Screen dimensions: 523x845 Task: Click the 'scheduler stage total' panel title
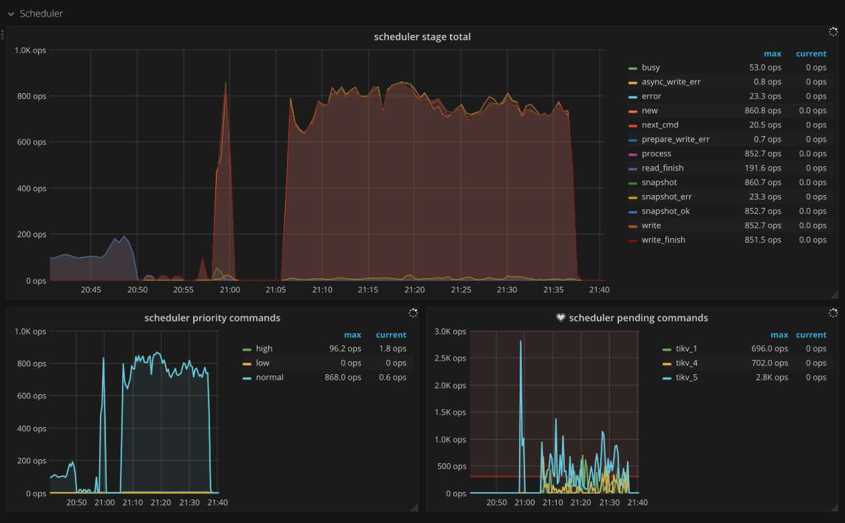(422, 37)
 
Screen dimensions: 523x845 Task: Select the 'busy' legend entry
(651, 68)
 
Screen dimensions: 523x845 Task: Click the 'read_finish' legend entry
(663, 168)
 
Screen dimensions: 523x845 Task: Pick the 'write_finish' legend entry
(663, 240)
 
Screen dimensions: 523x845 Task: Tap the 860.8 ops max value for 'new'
(765, 111)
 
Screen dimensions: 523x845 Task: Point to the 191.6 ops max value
(765, 168)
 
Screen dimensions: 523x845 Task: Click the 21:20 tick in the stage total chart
(414, 290)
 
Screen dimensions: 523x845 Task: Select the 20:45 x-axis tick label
(91, 290)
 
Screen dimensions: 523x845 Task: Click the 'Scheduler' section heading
(42, 13)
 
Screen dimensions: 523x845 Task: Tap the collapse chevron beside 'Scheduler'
(11, 14)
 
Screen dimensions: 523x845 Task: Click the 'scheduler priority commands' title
(212, 318)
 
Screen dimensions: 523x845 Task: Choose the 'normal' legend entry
(270, 377)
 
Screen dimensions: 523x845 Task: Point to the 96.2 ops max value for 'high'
(345, 349)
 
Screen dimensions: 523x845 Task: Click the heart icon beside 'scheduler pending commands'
(561, 318)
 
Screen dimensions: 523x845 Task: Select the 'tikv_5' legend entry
(686, 377)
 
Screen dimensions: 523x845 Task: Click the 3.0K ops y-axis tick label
(450, 331)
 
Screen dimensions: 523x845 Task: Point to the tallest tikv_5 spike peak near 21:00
(520, 341)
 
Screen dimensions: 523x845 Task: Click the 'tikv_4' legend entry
(686, 363)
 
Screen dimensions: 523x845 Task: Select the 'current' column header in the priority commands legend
(391, 335)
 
